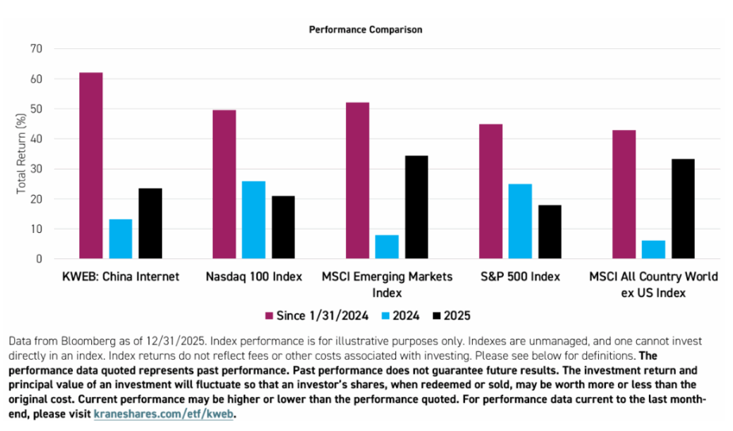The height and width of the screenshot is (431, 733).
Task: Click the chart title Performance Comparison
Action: click(x=366, y=29)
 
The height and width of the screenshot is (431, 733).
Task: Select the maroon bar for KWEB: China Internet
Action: click(x=91, y=166)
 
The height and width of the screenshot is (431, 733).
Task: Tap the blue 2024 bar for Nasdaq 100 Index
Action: click(x=254, y=220)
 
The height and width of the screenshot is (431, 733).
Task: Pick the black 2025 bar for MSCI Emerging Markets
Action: click(x=416, y=208)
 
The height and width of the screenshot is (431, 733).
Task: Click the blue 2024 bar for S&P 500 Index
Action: click(x=520, y=222)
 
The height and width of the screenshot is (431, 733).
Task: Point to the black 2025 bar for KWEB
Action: click(x=150, y=223)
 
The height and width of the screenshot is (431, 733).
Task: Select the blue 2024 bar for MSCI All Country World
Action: click(x=654, y=250)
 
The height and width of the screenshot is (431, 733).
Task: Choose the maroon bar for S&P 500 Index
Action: click(x=491, y=192)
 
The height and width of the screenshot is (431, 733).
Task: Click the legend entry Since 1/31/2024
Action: click(x=318, y=315)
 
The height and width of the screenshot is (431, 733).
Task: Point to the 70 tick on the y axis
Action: click(x=36, y=48)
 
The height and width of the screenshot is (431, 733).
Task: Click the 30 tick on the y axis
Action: click(x=36, y=169)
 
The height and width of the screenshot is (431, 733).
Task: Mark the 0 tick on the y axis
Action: click(x=39, y=259)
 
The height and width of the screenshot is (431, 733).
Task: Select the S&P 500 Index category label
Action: click(x=520, y=277)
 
